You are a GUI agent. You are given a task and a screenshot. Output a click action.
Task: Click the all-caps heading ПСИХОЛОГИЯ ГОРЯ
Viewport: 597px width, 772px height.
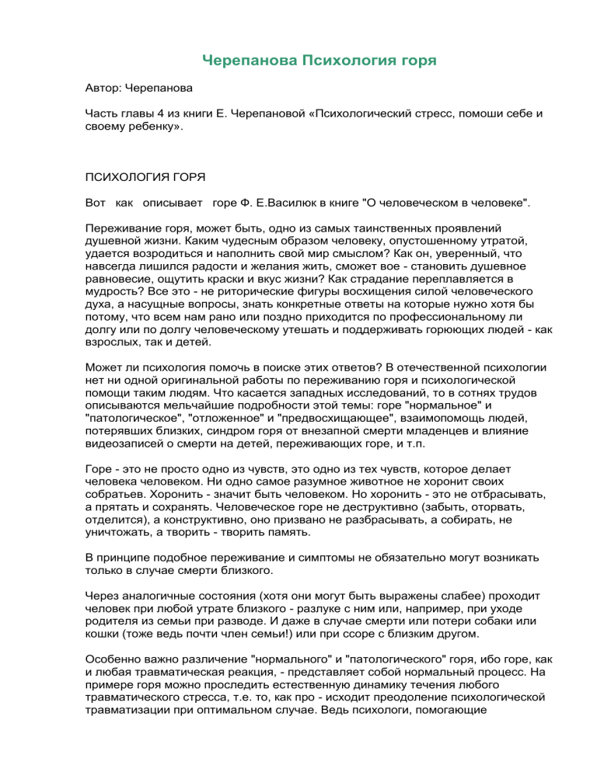click(145, 178)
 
